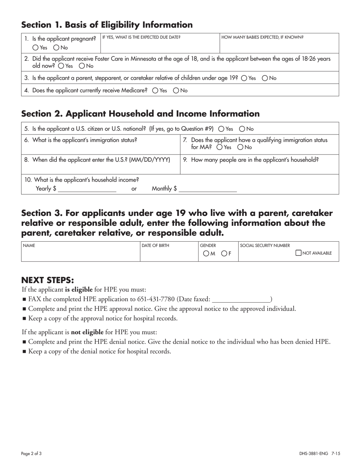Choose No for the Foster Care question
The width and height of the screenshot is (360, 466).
(82, 66)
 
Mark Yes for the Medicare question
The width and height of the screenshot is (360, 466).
(155, 91)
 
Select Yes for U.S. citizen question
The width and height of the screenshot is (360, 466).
(222, 128)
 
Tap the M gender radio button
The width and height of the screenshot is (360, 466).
(206, 253)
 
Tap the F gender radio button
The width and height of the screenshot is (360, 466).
(224, 253)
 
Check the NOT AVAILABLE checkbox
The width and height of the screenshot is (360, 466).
(299, 253)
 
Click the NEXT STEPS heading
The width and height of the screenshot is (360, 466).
(47, 280)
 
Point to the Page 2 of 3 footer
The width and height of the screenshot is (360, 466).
(31, 453)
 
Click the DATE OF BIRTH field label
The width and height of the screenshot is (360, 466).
(155, 246)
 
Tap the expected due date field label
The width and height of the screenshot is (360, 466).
(141, 37)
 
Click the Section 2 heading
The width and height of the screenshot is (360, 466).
(140, 114)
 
